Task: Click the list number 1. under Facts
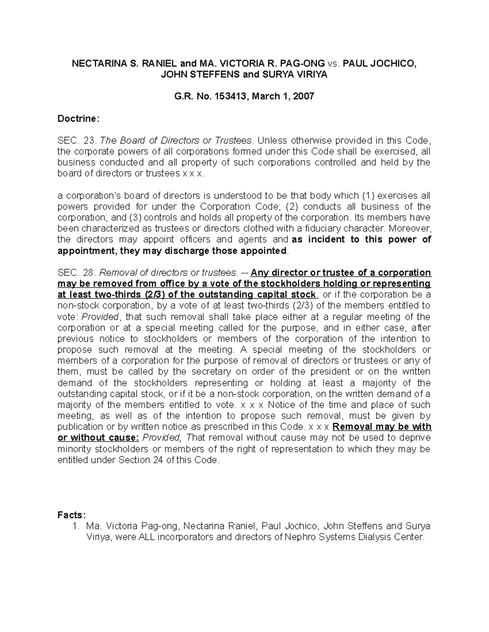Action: pyautogui.click(x=75, y=526)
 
